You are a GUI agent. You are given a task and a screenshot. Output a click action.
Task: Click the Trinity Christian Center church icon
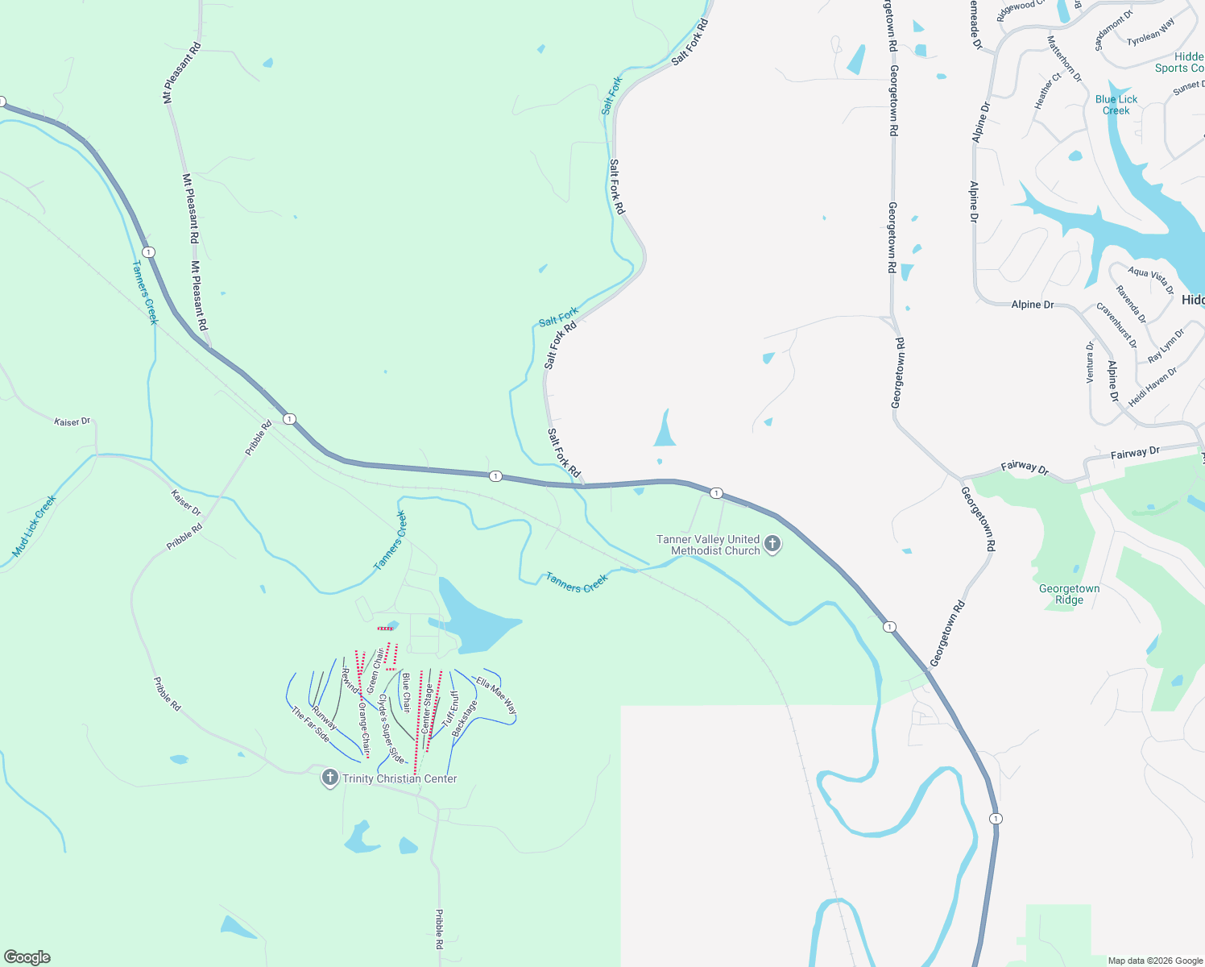click(329, 778)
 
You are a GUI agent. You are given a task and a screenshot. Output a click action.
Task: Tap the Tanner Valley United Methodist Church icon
click(772, 544)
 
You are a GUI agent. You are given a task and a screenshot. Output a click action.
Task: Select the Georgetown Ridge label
click(1069, 594)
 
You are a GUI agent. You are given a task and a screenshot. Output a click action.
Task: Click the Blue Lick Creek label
click(1116, 105)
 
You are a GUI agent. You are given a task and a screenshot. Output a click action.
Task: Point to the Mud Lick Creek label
click(34, 526)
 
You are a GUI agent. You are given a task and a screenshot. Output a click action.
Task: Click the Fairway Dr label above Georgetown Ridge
click(1134, 453)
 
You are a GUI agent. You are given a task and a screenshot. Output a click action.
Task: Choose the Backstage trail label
click(464, 718)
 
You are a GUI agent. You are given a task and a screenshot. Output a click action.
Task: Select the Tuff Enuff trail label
click(450, 708)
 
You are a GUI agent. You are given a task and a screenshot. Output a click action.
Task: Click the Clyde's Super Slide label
click(391, 728)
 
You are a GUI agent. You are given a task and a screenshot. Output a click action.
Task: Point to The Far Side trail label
click(310, 724)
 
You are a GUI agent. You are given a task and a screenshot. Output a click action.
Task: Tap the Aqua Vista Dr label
click(1150, 280)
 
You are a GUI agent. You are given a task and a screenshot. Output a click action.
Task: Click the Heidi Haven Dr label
click(1152, 386)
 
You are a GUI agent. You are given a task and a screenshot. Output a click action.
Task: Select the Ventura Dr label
click(1090, 362)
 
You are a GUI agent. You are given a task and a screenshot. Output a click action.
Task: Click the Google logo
click(27, 957)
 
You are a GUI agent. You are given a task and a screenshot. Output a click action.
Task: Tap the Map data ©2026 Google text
click(1155, 961)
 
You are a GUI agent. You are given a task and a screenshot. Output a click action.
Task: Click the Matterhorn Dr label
click(1064, 58)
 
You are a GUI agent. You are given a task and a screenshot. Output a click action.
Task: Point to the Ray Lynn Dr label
click(1166, 345)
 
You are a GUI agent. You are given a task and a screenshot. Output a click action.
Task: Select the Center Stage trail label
click(427, 708)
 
